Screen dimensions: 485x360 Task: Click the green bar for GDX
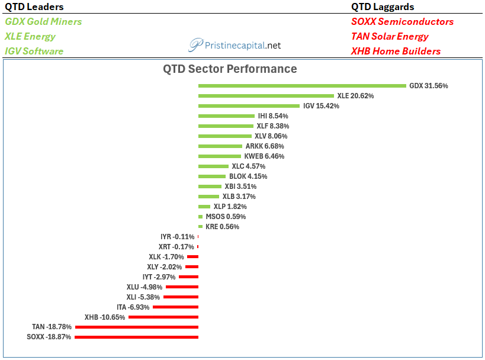(302, 86)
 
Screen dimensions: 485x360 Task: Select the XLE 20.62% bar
(266, 96)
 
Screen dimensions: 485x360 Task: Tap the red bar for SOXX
(136, 337)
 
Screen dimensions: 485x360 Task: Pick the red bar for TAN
(137, 327)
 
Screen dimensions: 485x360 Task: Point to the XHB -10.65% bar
(163, 317)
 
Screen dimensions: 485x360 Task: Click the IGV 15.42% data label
(321, 106)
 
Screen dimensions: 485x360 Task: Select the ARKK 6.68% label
(265, 146)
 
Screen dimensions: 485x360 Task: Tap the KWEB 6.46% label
(264, 156)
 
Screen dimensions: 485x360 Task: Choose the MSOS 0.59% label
(226, 217)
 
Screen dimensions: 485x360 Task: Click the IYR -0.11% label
(177, 237)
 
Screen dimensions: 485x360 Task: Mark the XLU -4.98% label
(144, 287)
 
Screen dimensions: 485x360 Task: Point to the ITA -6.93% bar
(175, 307)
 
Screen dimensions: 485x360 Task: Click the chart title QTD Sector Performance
(230, 69)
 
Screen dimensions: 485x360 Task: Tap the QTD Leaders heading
(34, 7)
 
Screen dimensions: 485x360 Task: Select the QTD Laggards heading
(383, 7)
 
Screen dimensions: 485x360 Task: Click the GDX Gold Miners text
(43, 22)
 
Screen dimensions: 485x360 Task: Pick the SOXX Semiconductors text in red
(402, 22)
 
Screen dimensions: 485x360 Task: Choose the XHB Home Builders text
(396, 51)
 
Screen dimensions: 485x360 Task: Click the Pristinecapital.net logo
(235, 46)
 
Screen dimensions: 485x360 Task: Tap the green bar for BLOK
(212, 176)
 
